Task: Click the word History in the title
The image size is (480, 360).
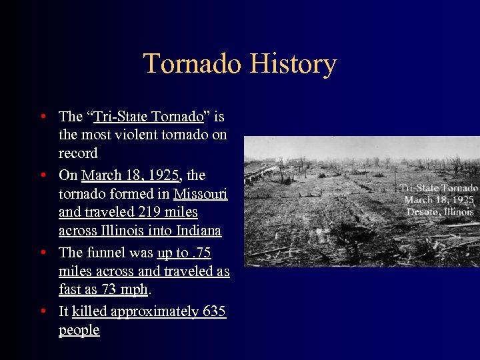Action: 293,64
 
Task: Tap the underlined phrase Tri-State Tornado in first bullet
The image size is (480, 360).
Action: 149,117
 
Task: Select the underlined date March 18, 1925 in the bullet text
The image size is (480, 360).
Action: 130,175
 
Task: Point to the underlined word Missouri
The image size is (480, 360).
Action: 200,194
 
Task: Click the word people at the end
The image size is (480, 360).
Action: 79,330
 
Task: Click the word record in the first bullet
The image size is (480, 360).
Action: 78,153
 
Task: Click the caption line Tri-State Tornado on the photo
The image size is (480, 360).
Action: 439,189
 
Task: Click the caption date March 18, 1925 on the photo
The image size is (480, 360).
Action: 439,200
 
